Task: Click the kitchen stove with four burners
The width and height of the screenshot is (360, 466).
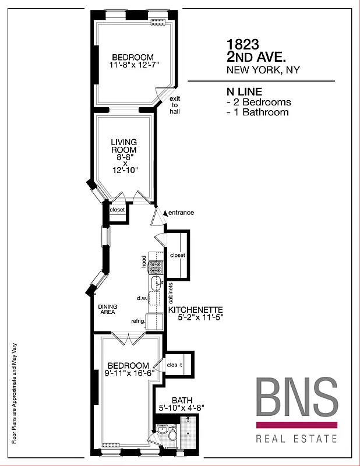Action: click(156, 267)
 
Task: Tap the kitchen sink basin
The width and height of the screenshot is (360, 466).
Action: click(156, 284)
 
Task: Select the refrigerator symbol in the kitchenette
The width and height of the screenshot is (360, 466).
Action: click(155, 322)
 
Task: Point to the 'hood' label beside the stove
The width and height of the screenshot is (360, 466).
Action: click(143, 262)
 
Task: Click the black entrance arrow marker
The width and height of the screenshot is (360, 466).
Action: click(165, 213)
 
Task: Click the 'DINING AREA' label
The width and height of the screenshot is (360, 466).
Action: click(106, 309)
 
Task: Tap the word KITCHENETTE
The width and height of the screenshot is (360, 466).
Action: click(196, 310)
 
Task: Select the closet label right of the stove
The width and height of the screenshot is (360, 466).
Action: click(177, 255)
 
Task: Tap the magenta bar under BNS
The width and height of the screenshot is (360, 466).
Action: click(297, 425)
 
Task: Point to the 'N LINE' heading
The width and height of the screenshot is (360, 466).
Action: click(244, 92)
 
